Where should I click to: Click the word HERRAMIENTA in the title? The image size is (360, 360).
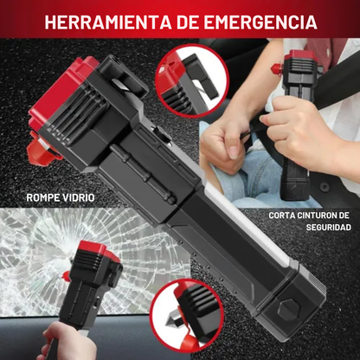[107, 22]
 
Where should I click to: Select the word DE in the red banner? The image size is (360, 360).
[191, 22]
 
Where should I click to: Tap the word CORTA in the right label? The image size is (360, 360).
[281, 215]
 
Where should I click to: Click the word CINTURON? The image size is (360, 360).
[316, 215]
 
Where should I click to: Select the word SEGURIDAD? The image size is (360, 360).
[329, 227]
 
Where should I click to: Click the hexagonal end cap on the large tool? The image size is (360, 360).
[289, 311]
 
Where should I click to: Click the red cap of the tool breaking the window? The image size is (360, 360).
[100, 250]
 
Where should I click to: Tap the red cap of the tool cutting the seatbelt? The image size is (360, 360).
[300, 55]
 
